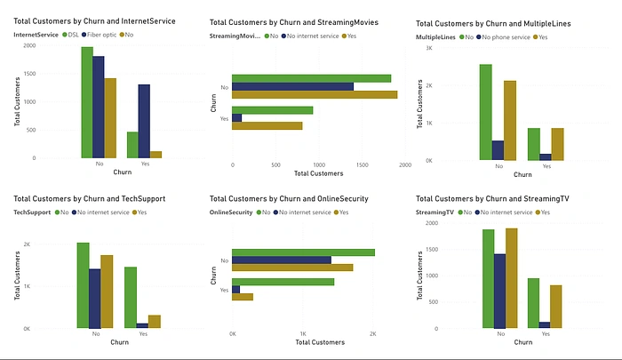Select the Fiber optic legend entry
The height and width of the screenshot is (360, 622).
[x=105, y=34]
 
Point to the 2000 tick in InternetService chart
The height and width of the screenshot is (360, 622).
[x=29, y=45]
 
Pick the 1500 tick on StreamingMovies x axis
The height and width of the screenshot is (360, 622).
[x=362, y=165]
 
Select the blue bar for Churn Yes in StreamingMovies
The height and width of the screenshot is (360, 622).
[x=237, y=117]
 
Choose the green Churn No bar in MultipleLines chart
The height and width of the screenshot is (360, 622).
[x=485, y=112]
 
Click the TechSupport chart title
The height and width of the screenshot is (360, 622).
[x=90, y=198]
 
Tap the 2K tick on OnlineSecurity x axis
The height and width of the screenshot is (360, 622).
[x=372, y=333]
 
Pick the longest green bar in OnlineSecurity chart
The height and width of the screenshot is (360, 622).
[x=303, y=252]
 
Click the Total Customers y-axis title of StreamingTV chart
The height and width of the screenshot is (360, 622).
[x=420, y=276]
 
